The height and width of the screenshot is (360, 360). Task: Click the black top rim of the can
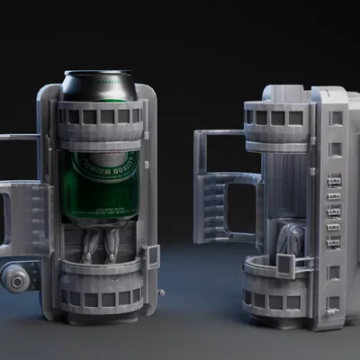(99, 86)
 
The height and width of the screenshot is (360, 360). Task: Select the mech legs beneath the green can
(102, 243)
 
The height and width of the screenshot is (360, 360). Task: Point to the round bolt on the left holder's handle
(15, 281)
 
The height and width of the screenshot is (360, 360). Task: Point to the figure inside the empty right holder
(290, 241)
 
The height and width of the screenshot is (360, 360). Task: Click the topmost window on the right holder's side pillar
(336, 118)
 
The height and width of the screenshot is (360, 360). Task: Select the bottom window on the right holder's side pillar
(335, 302)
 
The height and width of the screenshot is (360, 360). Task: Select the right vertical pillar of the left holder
(148, 198)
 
